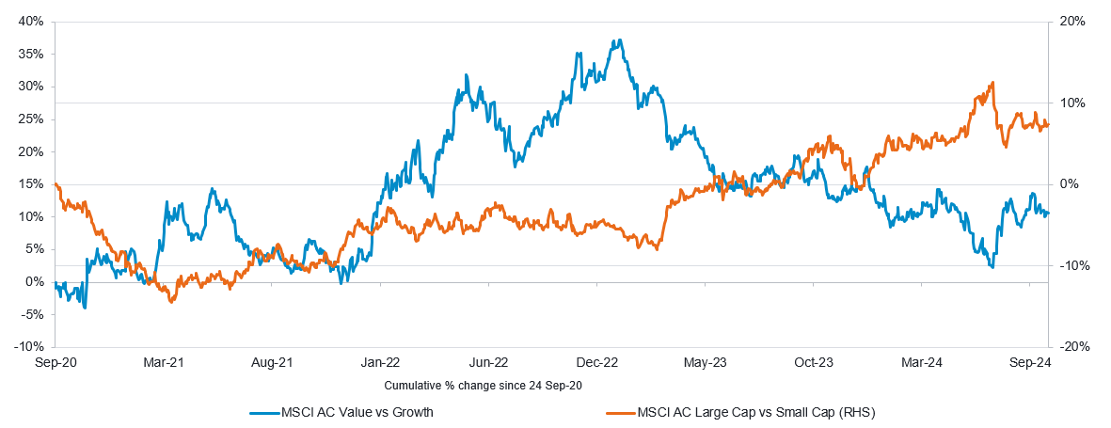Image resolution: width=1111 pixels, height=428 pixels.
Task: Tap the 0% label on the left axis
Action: pyautogui.click(x=35, y=282)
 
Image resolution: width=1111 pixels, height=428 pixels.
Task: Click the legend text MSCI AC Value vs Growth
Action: pyautogui.click(x=357, y=412)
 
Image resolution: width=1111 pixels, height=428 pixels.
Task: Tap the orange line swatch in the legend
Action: pyautogui.click(x=616, y=412)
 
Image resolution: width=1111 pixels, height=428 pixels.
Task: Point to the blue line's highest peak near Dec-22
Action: pyautogui.click(x=617, y=40)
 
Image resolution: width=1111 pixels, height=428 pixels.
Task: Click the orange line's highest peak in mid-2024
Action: pyautogui.click(x=992, y=83)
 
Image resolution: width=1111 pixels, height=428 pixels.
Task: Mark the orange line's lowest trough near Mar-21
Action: pyautogui.click(x=171, y=301)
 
